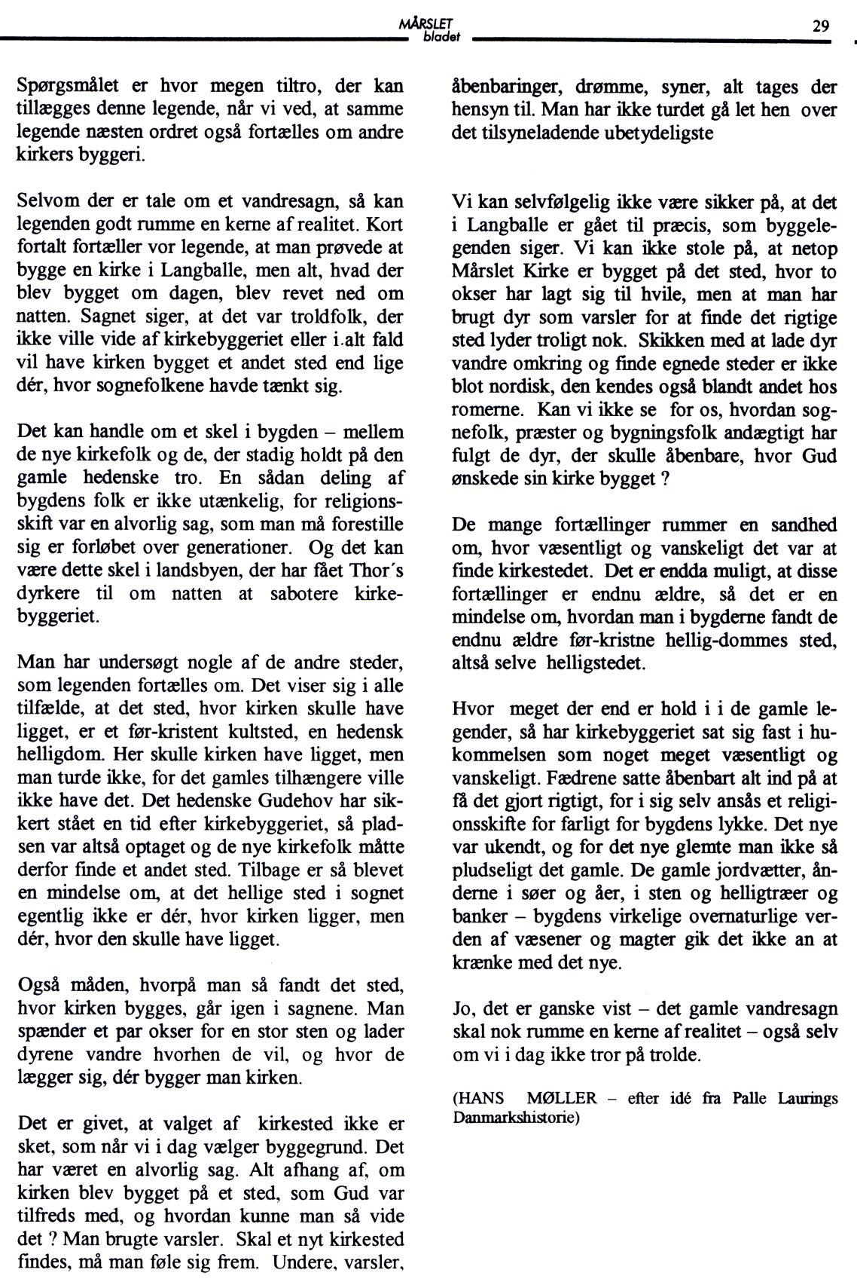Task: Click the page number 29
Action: (x=821, y=26)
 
